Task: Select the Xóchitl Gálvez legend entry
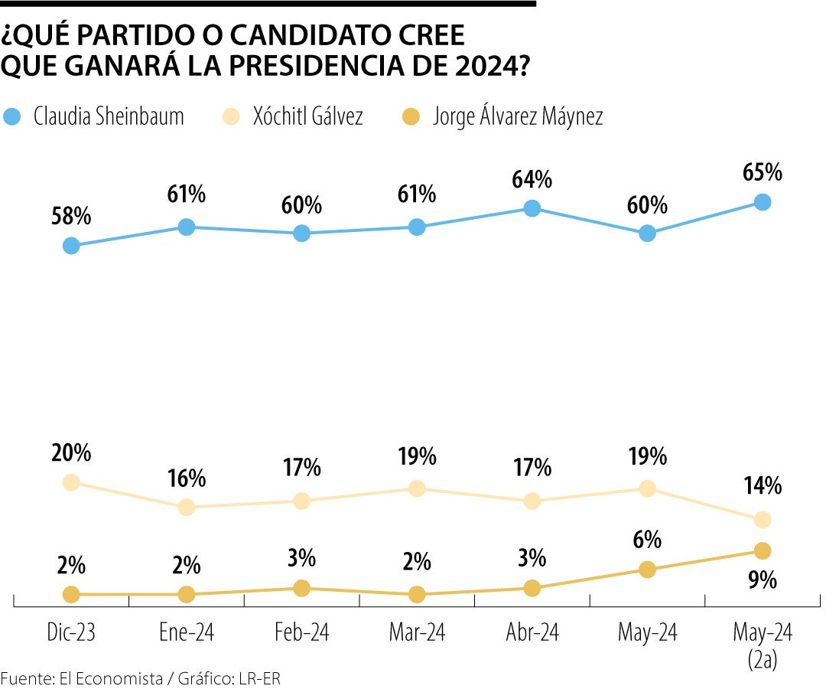click(x=306, y=116)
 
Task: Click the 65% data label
click(x=762, y=172)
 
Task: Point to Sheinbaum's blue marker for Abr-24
click(x=532, y=208)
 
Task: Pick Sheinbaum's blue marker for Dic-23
click(x=71, y=246)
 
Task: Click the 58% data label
click(x=71, y=217)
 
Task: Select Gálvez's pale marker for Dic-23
click(x=71, y=482)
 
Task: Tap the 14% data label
click(x=762, y=485)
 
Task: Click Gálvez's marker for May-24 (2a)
click(x=762, y=520)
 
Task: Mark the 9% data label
click(x=762, y=580)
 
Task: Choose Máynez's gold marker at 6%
click(x=647, y=570)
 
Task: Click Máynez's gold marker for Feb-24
click(x=302, y=588)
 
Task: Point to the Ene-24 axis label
click(x=187, y=633)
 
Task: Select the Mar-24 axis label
click(x=417, y=633)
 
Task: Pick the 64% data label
click(x=532, y=179)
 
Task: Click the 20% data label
click(x=71, y=453)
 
